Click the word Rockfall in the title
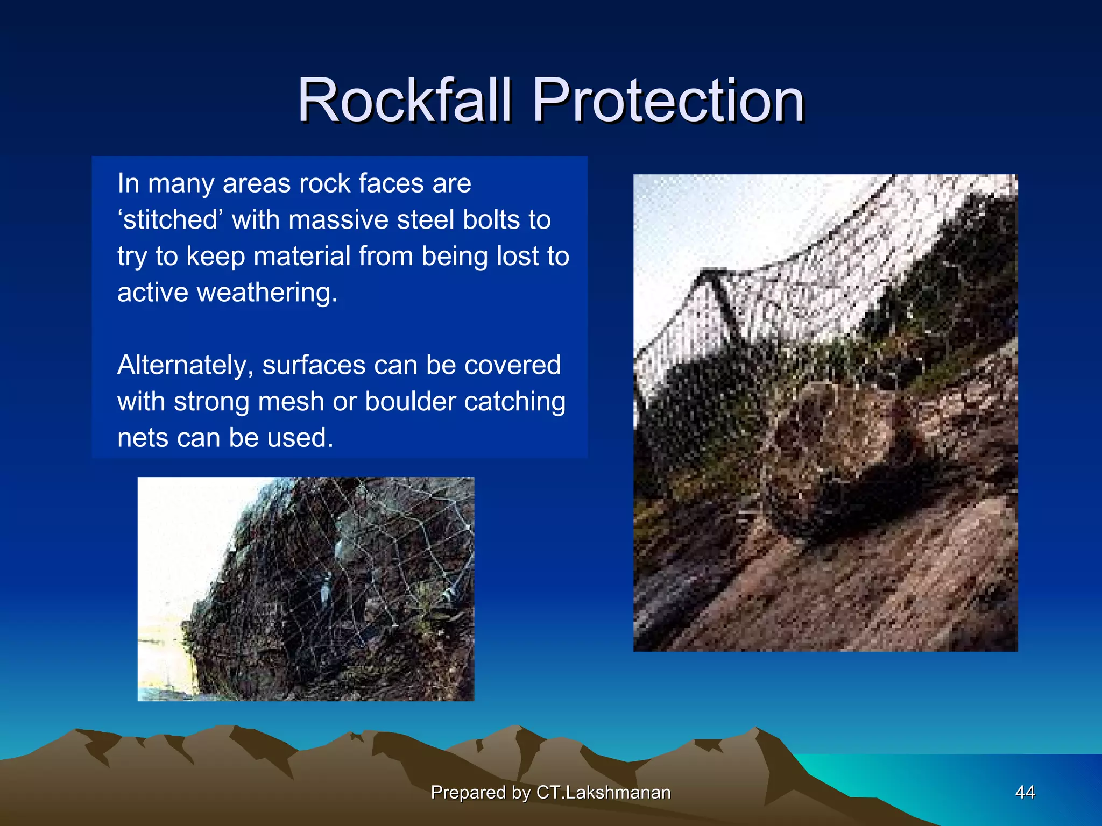(x=404, y=101)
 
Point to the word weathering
(x=267, y=293)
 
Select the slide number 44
(x=1025, y=792)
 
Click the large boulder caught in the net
(x=839, y=457)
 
